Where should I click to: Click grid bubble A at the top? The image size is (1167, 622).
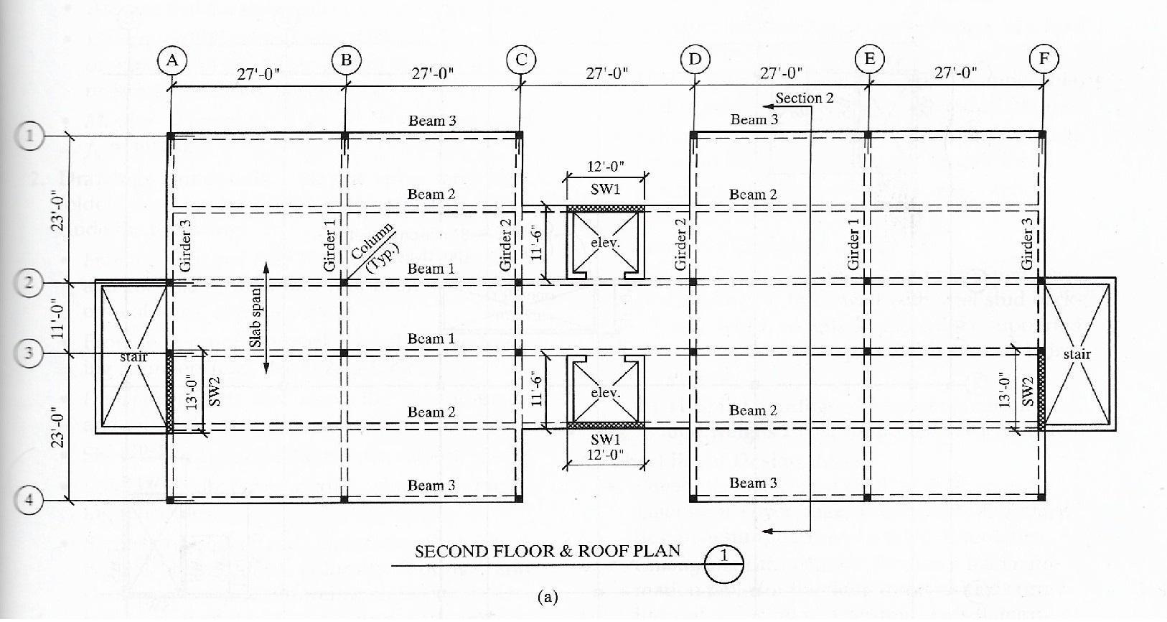pyautogui.click(x=172, y=60)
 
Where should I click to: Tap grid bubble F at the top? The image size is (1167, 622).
pyautogui.click(x=1044, y=58)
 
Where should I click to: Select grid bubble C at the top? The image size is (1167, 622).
pyautogui.click(x=520, y=60)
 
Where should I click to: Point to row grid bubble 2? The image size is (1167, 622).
pyautogui.click(x=29, y=282)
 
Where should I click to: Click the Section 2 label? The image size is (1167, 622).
pyautogui.click(x=804, y=98)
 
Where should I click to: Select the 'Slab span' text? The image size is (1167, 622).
pyautogui.click(x=256, y=318)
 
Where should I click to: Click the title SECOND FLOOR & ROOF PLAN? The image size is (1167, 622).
pyautogui.click(x=547, y=551)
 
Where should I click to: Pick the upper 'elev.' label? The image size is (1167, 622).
pyautogui.click(x=604, y=243)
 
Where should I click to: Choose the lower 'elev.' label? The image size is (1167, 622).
pyautogui.click(x=604, y=393)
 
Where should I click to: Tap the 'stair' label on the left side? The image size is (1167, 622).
pyautogui.click(x=133, y=356)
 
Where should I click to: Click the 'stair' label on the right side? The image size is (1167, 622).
pyautogui.click(x=1077, y=354)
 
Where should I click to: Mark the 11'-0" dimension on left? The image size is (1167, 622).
pyautogui.click(x=59, y=317)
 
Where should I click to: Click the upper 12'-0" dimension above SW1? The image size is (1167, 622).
pyautogui.click(x=606, y=167)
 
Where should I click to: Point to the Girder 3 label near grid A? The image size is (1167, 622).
pyautogui.click(x=186, y=245)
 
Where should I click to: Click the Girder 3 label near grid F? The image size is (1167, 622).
pyautogui.click(x=1027, y=244)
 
